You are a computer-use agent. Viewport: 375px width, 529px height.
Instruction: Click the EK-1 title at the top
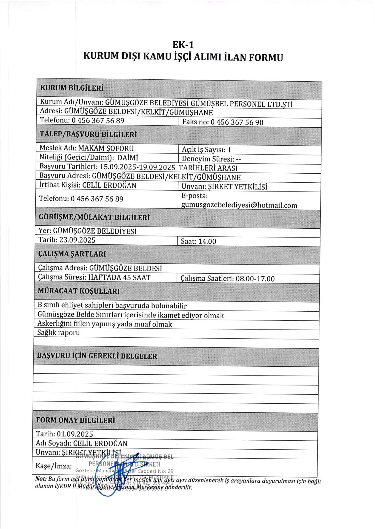point(183,45)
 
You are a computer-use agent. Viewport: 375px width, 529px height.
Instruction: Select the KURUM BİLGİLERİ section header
point(72,88)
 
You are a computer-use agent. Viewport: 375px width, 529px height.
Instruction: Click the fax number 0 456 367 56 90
point(237,122)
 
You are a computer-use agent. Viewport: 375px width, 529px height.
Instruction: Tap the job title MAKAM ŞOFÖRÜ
point(106,148)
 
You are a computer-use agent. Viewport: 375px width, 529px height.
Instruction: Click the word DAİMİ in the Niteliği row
point(128,158)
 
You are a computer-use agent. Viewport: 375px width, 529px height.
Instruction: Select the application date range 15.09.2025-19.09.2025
point(137,167)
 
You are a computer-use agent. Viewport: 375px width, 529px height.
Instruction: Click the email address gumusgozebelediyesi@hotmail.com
point(239,205)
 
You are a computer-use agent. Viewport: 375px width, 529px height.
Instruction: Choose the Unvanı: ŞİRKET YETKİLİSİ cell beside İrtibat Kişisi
point(224,187)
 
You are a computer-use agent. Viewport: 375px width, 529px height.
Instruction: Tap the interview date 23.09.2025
point(77,240)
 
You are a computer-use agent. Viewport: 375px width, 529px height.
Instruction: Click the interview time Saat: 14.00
point(198,242)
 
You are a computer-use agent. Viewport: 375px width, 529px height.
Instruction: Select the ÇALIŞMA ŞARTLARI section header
point(72,254)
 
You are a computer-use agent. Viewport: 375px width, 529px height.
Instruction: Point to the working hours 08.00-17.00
point(255,279)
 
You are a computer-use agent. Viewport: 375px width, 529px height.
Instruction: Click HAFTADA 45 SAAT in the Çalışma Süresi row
point(119,277)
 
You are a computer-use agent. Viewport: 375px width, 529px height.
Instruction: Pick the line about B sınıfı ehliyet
point(112,306)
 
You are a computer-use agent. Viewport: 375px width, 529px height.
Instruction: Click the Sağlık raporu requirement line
point(59,333)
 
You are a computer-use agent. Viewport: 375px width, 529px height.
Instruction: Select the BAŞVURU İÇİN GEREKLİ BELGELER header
point(97,356)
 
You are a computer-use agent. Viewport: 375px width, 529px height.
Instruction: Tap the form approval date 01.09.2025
point(75,434)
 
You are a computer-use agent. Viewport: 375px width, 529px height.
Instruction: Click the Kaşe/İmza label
point(54,466)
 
